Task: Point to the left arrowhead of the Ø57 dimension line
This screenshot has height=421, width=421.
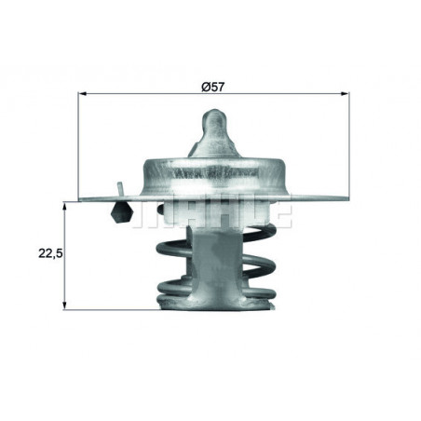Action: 85,95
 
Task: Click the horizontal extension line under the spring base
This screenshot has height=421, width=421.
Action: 112,310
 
